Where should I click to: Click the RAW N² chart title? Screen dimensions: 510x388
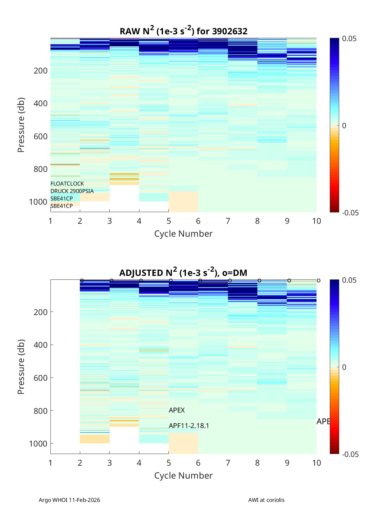pyautogui.click(x=183, y=31)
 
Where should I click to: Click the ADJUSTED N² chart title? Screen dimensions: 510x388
pyautogui.click(x=183, y=273)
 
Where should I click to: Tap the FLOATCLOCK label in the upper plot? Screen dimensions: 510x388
pyautogui.click(x=67, y=184)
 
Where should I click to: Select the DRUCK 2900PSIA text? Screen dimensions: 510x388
pyautogui.click(x=72, y=191)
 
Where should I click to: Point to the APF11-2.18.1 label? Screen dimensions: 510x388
pyautogui.click(x=189, y=425)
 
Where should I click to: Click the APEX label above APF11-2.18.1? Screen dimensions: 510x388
pyautogui.click(x=177, y=410)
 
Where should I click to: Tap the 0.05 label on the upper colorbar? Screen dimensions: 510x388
pyautogui.click(x=349, y=39)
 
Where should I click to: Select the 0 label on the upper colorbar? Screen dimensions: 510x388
pyautogui.click(x=344, y=126)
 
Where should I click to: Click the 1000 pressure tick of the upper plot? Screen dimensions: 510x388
pyautogui.click(x=38, y=202)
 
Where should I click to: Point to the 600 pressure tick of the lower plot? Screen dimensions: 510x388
pyautogui.click(x=40, y=378)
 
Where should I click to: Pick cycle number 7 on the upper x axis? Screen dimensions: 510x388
pyautogui.click(x=228, y=221)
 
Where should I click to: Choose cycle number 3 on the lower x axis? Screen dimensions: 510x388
pyautogui.click(x=110, y=463)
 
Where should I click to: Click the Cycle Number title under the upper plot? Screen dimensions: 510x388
pyautogui.click(x=183, y=234)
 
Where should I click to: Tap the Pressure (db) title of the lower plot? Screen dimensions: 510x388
pyautogui.click(x=21, y=367)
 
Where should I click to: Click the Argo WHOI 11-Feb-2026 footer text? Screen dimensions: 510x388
pyautogui.click(x=70, y=500)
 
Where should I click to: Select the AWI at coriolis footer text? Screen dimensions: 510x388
pyautogui.click(x=266, y=500)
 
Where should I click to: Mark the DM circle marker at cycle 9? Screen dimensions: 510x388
pyautogui.click(x=289, y=280)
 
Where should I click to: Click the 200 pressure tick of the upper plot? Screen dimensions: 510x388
pyautogui.click(x=40, y=71)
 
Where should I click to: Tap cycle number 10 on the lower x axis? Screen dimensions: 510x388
pyautogui.click(x=317, y=463)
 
